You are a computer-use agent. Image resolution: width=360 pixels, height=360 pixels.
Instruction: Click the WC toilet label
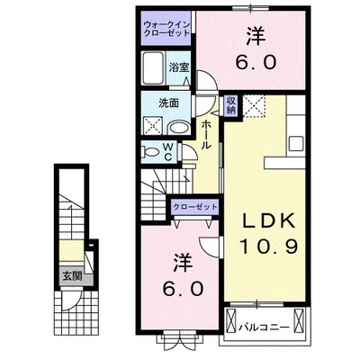(168, 149)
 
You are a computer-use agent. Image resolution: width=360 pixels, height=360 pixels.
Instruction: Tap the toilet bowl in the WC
(152, 150)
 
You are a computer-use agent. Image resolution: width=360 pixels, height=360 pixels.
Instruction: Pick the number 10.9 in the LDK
(261, 245)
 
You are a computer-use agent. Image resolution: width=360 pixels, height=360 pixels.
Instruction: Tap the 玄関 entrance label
(70, 276)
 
